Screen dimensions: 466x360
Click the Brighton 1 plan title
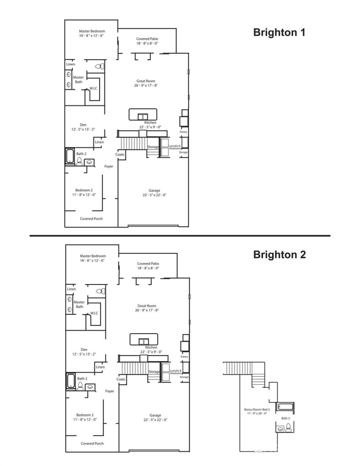pyautogui.click(x=279, y=33)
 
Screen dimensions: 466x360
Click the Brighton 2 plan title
pyautogui.click(x=279, y=254)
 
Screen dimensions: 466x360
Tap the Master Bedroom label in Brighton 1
pyautogui.click(x=91, y=31)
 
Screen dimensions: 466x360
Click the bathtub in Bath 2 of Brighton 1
pyautogui.click(x=70, y=157)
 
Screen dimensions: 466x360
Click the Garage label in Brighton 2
pyautogui.click(x=154, y=415)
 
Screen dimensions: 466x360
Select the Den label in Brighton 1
pyautogui.click(x=83, y=125)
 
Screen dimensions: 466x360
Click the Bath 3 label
pyautogui.click(x=286, y=418)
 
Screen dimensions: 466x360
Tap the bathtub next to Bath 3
pyautogui.click(x=286, y=406)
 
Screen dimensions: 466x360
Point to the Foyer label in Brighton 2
pyautogui.click(x=109, y=391)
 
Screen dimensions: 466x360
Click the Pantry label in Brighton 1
pyautogui.click(x=183, y=132)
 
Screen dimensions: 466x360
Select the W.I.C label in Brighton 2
pyautogui.click(x=94, y=313)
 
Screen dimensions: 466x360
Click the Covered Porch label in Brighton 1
pyautogui.click(x=91, y=219)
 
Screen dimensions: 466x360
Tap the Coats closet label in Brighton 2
pyautogui.click(x=121, y=379)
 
